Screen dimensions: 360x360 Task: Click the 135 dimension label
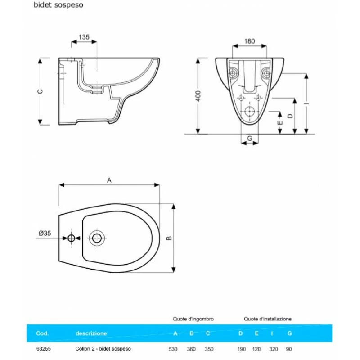[84, 37]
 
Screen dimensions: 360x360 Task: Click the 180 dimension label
[249, 41]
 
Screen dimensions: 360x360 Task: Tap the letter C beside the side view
[40, 91]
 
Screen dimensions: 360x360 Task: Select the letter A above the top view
[109, 180]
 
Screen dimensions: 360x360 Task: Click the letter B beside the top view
[169, 238]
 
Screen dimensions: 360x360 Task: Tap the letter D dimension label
[291, 116]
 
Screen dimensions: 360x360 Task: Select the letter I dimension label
[306, 103]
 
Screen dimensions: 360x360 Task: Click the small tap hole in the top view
[72, 238]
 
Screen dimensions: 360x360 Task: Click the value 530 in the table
[174, 349]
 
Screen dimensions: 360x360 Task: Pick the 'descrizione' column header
[91, 333]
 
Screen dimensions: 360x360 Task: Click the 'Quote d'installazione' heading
[268, 319]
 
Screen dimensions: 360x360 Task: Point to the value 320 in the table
[274, 349]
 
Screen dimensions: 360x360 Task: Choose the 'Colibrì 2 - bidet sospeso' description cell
[103, 349]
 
